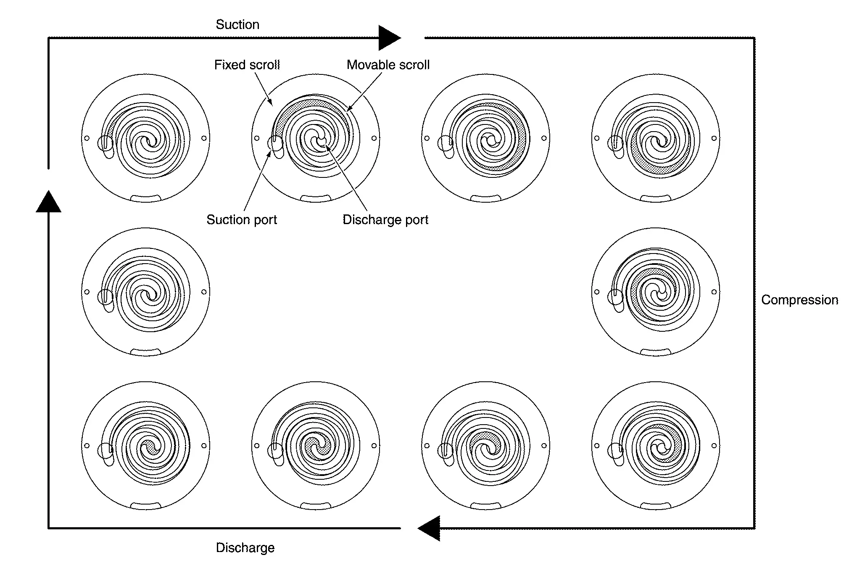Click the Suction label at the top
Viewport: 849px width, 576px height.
tap(237, 24)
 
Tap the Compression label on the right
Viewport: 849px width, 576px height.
tap(799, 300)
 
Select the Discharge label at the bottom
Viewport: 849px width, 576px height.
tap(245, 547)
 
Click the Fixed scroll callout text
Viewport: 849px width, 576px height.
tap(247, 65)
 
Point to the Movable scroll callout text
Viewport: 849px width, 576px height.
tap(388, 65)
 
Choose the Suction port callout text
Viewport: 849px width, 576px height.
tap(242, 219)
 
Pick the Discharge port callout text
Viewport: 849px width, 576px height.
tap(385, 219)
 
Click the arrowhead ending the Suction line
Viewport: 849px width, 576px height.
tap(390, 38)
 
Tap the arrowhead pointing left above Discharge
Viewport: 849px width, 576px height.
tap(429, 528)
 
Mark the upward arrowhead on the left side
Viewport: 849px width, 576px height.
tap(48, 201)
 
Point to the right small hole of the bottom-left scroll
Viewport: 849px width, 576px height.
tap(204, 446)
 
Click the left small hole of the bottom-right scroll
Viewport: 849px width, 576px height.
tap(597, 446)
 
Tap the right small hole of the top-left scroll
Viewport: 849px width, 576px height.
tap(204, 138)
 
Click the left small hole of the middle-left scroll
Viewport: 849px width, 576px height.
tap(87, 292)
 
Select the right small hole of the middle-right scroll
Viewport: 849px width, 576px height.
tap(714, 292)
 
